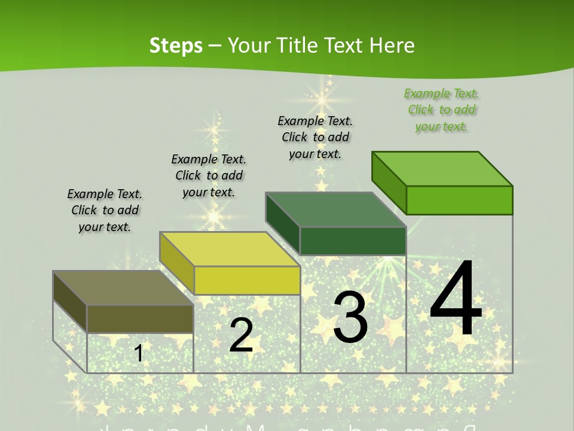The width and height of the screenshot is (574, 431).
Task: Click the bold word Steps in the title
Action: point(176,45)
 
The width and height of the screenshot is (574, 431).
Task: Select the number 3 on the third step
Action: point(350,317)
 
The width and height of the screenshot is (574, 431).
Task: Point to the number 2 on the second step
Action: point(241,335)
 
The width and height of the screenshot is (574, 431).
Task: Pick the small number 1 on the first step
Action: point(139,353)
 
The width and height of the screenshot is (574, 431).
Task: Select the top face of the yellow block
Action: point(229,249)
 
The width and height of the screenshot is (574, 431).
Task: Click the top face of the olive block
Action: point(123,288)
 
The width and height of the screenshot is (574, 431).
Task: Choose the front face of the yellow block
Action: point(247,280)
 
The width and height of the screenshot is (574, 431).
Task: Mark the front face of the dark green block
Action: point(353,241)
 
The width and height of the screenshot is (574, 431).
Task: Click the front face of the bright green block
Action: point(459,200)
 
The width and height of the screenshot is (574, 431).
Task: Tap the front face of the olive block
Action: point(140,318)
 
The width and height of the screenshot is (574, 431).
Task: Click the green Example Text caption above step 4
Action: point(441,110)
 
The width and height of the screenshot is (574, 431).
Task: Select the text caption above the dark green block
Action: point(315,137)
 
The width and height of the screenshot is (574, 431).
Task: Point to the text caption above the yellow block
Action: point(209,176)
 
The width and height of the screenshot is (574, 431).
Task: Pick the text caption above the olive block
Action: point(105,211)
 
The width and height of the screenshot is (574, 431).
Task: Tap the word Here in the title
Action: point(392,45)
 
